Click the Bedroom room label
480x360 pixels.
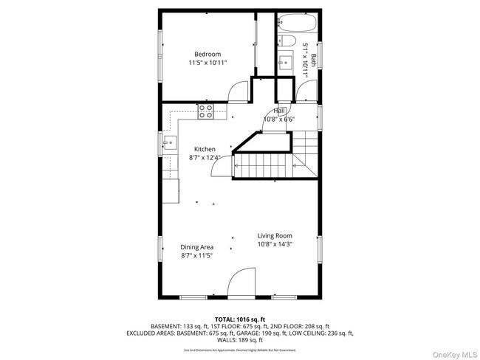pyautogui.click(x=208, y=54)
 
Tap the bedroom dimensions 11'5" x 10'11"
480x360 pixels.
pyautogui.click(x=208, y=63)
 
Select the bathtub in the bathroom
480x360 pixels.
pyautogui.click(x=298, y=21)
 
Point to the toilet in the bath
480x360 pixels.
pyautogui.click(x=287, y=41)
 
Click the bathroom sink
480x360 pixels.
pyautogui.click(x=284, y=62)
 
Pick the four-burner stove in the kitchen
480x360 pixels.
pyautogui.click(x=206, y=111)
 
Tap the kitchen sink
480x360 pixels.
pyautogui.click(x=170, y=142)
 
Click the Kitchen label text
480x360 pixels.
pyautogui.click(x=205, y=149)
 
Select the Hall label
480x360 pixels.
pyautogui.click(x=279, y=110)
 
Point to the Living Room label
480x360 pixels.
pyautogui.click(x=275, y=236)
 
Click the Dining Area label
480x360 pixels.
pyautogui.click(x=197, y=247)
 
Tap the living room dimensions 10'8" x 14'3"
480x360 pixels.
pyautogui.click(x=275, y=245)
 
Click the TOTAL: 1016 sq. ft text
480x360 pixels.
pyautogui.click(x=239, y=318)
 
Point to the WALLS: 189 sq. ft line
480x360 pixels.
pyautogui.click(x=240, y=341)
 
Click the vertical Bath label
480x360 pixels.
pyautogui.click(x=314, y=59)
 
